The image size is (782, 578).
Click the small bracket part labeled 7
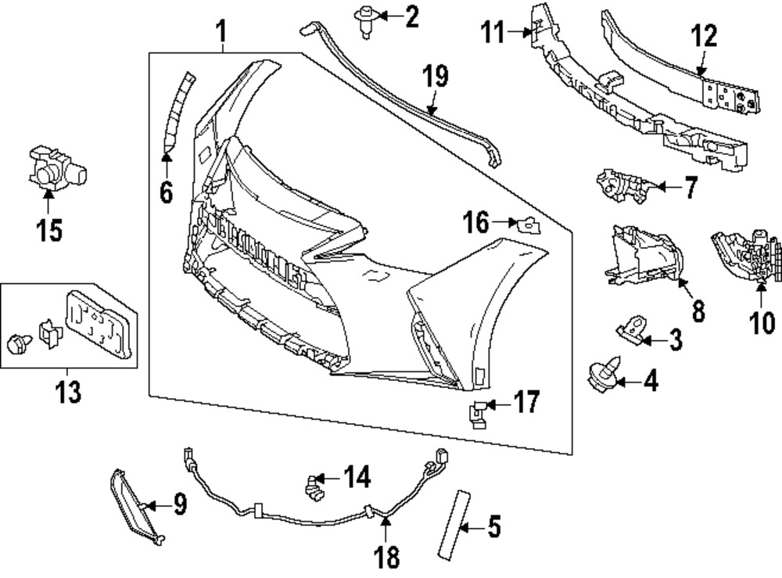(x=622, y=186)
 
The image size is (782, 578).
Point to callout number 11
(x=493, y=33)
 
